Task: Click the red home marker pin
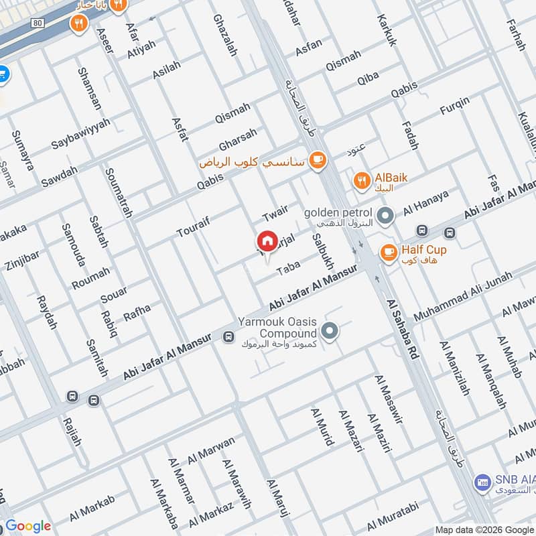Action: (x=267, y=241)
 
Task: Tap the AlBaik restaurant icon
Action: (x=362, y=179)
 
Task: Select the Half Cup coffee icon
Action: (x=388, y=252)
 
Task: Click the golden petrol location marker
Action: (x=385, y=216)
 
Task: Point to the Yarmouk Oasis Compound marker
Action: (x=329, y=330)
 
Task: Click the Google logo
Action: (x=27, y=526)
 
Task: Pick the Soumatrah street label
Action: (x=119, y=191)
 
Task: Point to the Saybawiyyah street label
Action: (x=81, y=135)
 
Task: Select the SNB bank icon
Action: (x=481, y=481)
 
